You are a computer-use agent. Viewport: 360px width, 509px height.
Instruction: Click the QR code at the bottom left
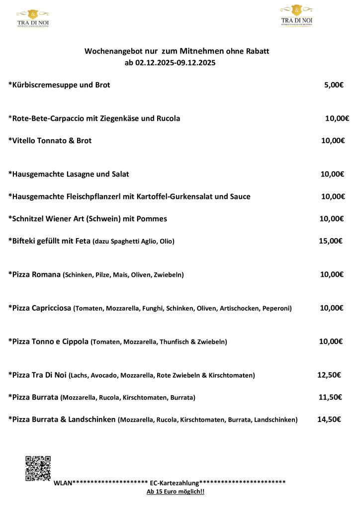(x=38, y=468)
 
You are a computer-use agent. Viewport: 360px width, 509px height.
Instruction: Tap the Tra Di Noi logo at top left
(x=33, y=17)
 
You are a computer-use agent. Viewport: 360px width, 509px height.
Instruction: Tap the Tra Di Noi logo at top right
(x=297, y=15)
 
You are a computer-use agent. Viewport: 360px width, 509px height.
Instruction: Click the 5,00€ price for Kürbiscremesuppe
(x=334, y=85)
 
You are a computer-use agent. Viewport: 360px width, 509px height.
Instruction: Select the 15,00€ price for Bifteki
(x=331, y=241)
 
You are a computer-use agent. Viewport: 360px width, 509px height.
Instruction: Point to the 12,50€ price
(x=329, y=375)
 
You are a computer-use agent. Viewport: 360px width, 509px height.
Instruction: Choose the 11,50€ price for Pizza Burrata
(x=330, y=397)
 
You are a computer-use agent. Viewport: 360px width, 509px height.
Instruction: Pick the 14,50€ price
(x=329, y=420)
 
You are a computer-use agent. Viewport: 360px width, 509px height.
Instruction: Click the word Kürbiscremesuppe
(x=43, y=85)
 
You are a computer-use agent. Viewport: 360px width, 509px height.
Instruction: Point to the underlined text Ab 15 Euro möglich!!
(x=176, y=492)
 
